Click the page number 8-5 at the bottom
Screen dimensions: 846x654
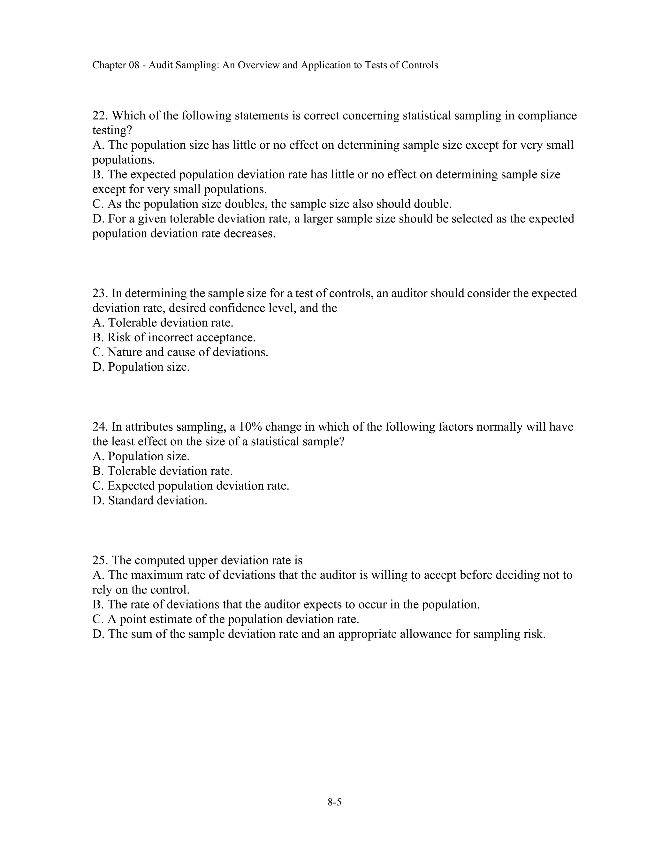pos(334,802)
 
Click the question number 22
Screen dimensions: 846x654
pos(100,116)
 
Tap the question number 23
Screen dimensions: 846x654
pos(100,293)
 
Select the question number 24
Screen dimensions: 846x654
pos(100,427)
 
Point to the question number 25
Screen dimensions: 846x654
pos(100,561)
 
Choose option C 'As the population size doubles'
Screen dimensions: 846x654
pos(272,204)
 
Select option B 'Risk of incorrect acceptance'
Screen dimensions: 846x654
pos(174,338)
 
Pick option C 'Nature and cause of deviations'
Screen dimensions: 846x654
pos(180,352)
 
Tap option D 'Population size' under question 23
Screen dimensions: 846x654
pos(141,367)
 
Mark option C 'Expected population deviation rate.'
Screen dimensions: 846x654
pos(191,486)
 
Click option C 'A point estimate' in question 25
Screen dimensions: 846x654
pos(225,620)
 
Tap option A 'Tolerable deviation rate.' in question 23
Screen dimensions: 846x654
pos(163,323)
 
